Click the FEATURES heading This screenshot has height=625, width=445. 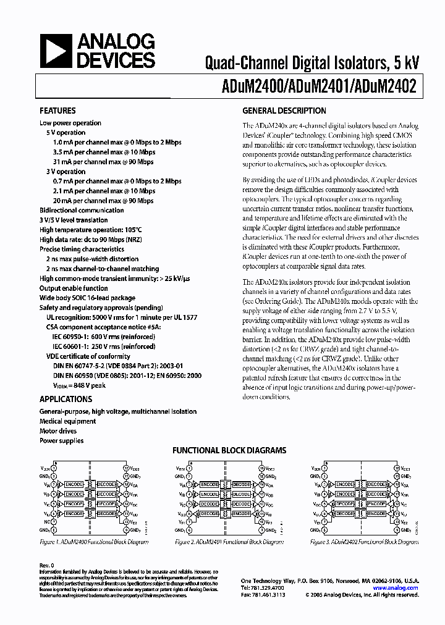pos(57,111)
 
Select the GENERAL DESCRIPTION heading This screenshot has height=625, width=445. pos(284,111)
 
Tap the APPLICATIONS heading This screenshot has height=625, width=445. pos(66,399)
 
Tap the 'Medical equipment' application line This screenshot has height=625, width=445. pos(68,421)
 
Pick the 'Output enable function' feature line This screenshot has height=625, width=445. pos(74,288)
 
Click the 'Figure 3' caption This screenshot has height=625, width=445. pos(364,542)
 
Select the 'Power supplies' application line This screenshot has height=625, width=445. pos(62,441)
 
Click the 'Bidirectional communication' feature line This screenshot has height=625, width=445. pos(82,210)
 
